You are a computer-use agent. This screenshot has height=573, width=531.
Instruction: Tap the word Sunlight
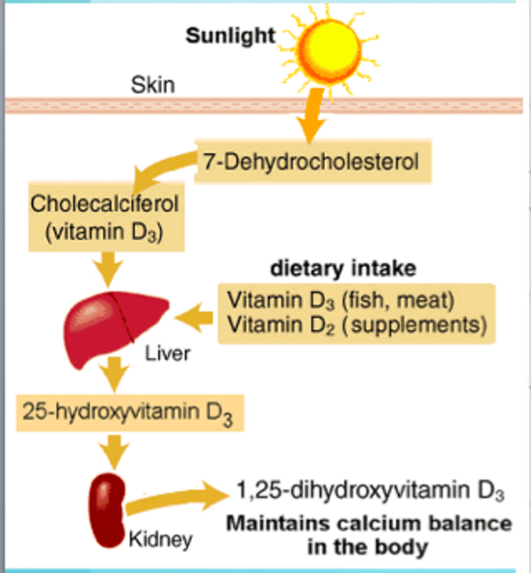tap(231, 36)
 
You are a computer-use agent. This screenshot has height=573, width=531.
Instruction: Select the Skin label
tap(153, 85)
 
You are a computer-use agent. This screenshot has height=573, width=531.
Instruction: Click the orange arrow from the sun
tap(311, 115)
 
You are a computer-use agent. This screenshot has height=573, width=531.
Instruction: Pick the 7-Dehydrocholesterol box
tap(313, 161)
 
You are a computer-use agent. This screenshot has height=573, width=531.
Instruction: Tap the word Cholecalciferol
tap(105, 204)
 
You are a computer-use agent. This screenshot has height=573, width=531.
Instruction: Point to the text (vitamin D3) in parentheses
tap(105, 232)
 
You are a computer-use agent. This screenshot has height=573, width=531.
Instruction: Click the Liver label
tap(167, 354)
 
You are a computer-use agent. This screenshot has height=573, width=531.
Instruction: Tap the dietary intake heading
tap(343, 268)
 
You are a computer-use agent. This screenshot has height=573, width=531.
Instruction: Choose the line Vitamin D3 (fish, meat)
tap(340, 300)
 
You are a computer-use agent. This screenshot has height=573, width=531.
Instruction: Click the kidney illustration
tap(108, 510)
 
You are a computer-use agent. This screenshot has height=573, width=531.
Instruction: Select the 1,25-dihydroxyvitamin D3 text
tap(370, 491)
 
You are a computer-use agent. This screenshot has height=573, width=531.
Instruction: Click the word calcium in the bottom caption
tap(377, 523)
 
